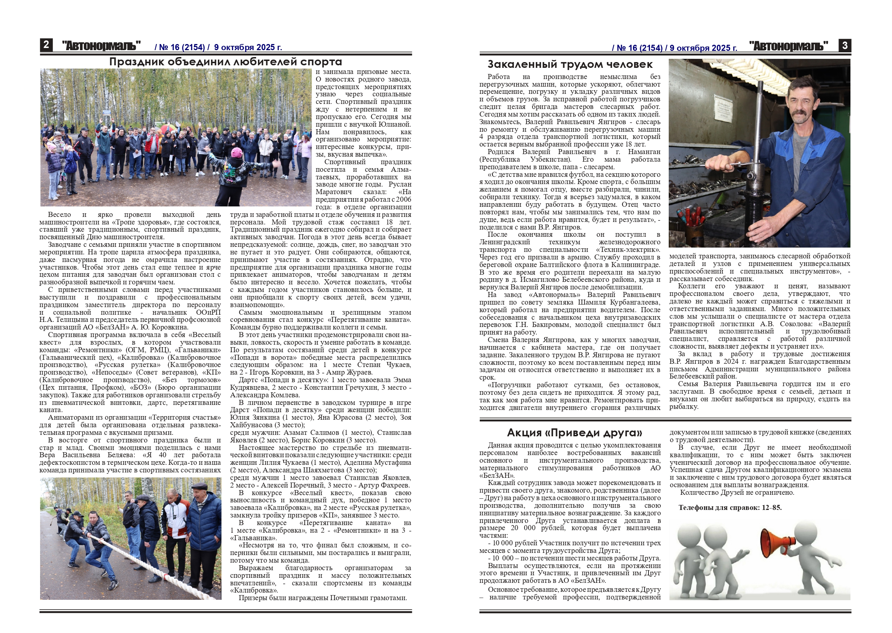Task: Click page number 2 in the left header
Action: pyautogui.click(x=46, y=45)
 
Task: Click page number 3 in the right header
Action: pyautogui.click(x=845, y=45)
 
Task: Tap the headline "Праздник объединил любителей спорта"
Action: pyautogui.click(x=225, y=62)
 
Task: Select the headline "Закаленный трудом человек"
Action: pyautogui.click(x=570, y=64)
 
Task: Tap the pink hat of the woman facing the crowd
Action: pyautogui.click(x=237, y=152)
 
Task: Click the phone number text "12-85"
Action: pyautogui.click(x=771, y=507)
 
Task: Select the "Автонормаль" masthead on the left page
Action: pyautogui.click(x=102, y=46)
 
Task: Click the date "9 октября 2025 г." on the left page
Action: pyautogui.click(x=248, y=48)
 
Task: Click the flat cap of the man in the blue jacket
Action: pyautogui.click(x=200, y=486)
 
